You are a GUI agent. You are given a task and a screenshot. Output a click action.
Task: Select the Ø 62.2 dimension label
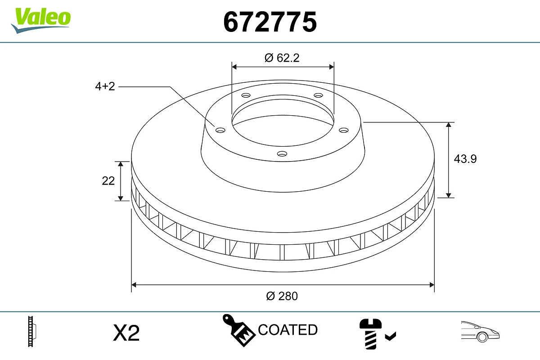coord(282,58)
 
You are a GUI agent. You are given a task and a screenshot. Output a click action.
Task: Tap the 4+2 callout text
coord(105,86)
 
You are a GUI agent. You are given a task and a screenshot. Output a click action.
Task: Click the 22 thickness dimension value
coord(108,180)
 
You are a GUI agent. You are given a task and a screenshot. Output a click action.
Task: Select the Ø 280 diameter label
coord(282,296)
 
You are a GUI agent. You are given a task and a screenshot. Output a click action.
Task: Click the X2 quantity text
coord(126,333)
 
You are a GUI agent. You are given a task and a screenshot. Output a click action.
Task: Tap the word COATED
coord(288,330)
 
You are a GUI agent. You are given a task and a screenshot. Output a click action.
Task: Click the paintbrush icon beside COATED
coord(238,330)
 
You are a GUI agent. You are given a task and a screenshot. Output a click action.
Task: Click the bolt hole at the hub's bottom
coord(282,154)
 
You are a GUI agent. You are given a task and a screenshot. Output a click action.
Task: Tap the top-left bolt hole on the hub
coord(246,95)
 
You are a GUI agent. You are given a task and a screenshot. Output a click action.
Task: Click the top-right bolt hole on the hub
coord(319,95)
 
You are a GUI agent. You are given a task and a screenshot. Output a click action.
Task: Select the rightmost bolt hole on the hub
coord(344,130)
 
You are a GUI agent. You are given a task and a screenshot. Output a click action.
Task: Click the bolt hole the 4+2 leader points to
coord(220,130)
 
